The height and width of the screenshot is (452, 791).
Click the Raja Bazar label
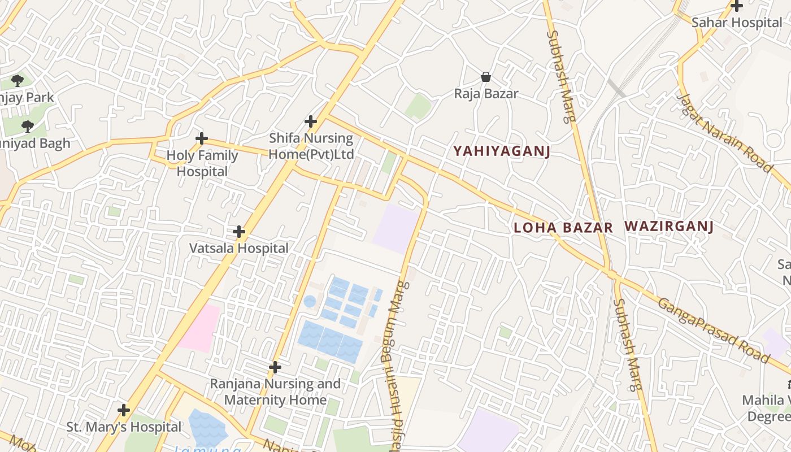point(486,93)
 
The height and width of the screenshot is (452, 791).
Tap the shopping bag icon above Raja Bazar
point(485,76)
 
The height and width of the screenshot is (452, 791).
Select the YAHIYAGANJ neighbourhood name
point(502,151)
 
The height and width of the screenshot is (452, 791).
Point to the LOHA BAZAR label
point(563,228)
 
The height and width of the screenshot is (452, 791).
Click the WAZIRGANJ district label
point(669,227)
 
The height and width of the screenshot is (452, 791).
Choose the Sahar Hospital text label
point(737,23)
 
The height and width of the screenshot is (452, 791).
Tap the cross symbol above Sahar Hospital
point(737,6)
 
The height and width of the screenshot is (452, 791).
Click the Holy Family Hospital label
point(202,163)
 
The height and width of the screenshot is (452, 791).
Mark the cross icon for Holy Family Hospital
point(202,138)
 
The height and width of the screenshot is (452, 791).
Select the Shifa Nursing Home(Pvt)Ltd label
point(311,146)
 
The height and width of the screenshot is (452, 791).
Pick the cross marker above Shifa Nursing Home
point(311,121)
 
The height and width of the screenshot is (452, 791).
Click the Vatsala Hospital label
point(238,248)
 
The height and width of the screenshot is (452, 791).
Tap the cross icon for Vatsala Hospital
point(239,232)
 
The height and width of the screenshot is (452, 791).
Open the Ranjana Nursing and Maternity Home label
point(275,392)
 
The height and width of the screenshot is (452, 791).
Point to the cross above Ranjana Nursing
point(275,367)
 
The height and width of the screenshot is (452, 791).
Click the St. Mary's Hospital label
point(124,427)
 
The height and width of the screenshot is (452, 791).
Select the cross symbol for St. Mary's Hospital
point(124,410)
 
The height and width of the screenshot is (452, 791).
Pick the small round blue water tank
point(310,301)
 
